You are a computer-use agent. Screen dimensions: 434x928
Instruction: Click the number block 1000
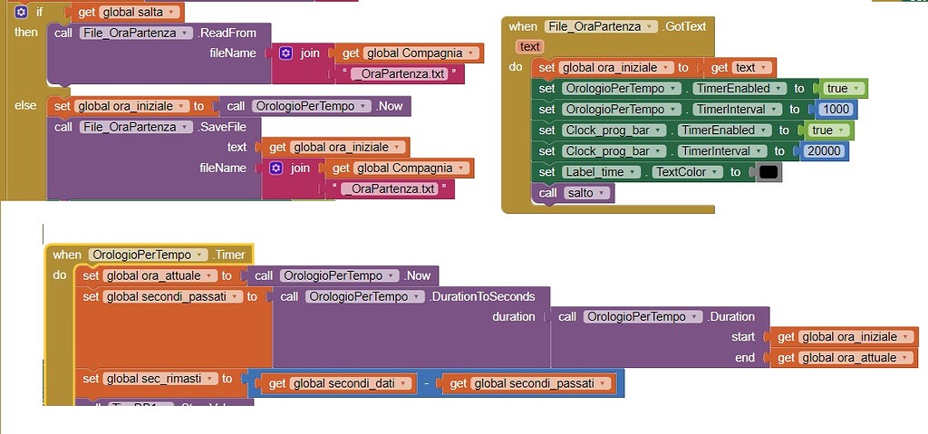coord(836,110)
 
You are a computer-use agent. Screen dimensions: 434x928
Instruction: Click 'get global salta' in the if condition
coord(124,13)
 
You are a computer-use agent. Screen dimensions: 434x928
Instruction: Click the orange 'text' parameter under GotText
coord(530,46)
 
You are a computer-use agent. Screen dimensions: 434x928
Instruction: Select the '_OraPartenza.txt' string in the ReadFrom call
coord(400,74)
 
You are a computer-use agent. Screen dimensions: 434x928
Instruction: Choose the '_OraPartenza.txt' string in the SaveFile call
coord(390,189)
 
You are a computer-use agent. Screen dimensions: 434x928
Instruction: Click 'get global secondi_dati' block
coord(337,383)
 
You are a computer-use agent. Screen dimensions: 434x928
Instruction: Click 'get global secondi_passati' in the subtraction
coord(527,383)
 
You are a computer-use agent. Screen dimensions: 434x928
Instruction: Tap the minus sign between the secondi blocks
coord(426,384)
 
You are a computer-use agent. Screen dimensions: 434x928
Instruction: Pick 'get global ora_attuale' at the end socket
coord(843,358)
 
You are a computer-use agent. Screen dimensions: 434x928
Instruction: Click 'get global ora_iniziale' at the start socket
coord(843,337)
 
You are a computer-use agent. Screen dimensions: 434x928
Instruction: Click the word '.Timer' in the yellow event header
coord(228,255)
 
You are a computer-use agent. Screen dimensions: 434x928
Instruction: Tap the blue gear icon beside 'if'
coord(21,13)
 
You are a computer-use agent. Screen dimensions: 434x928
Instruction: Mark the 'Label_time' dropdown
coord(602,172)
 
